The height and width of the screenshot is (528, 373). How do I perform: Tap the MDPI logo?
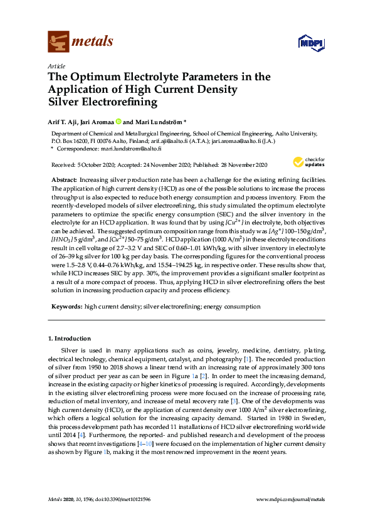[311, 43]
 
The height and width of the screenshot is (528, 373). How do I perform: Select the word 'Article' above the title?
[57, 65]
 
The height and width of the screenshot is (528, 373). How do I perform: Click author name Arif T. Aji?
[65, 122]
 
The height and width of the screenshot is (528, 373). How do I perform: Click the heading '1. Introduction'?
[69, 339]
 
